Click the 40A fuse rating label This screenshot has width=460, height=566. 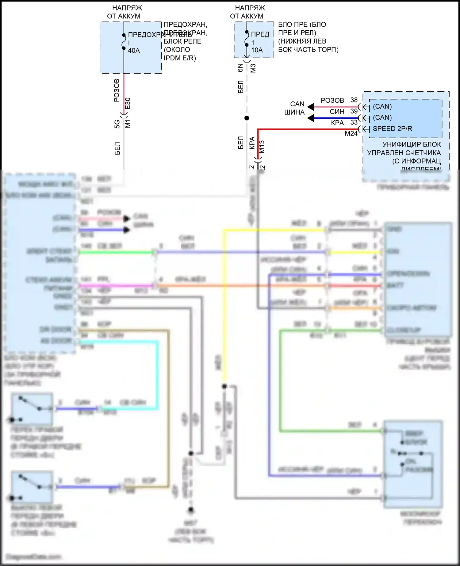point(134,51)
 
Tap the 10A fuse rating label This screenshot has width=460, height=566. point(257,50)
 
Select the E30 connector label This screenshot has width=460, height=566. point(128,104)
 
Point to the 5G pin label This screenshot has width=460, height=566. point(117,124)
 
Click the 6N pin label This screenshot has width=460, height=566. point(240,68)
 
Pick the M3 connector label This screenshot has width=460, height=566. point(253,68)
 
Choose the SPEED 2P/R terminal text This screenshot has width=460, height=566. point(392,129)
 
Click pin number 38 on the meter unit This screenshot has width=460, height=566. point(354,100)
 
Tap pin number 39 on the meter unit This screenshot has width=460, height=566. point(354,111)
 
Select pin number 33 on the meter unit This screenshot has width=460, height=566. point(354,122)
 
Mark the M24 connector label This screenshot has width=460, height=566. point(351,134)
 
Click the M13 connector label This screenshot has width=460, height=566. point(262,147)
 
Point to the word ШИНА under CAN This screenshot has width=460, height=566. point(294,112)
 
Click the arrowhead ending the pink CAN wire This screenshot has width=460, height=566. point(311,107)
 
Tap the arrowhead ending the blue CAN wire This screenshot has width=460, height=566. point(311,118)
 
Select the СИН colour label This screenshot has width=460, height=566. point(337,112)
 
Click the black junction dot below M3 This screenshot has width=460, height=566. point(247,118)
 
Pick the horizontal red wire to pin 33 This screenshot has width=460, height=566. point(307,129)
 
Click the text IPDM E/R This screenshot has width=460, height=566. point(180,58)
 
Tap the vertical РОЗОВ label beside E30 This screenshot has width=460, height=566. point(117,90)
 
